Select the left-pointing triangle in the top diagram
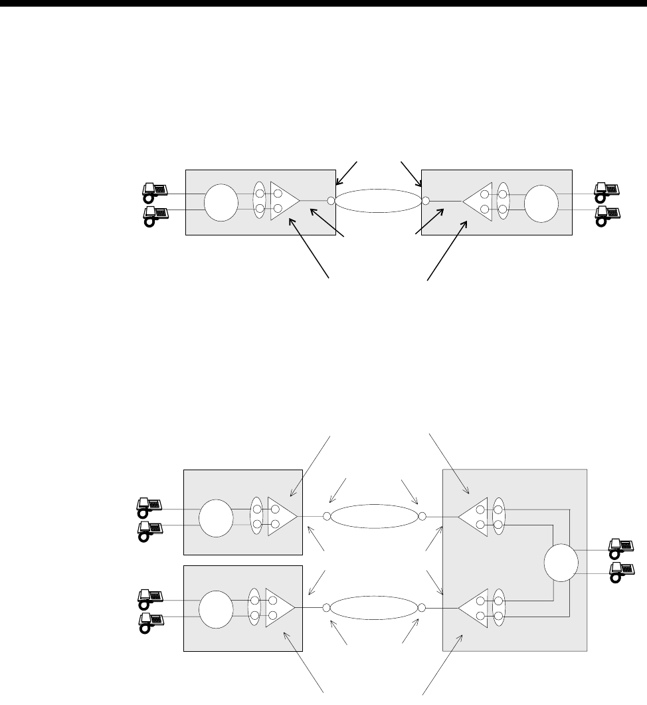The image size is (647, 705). (478, 202)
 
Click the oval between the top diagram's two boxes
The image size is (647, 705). (378, 201)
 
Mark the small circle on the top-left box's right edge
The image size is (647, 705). (331, 200)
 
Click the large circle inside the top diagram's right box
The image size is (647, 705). (541, 202)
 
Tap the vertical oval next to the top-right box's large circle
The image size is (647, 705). (503, 202)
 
